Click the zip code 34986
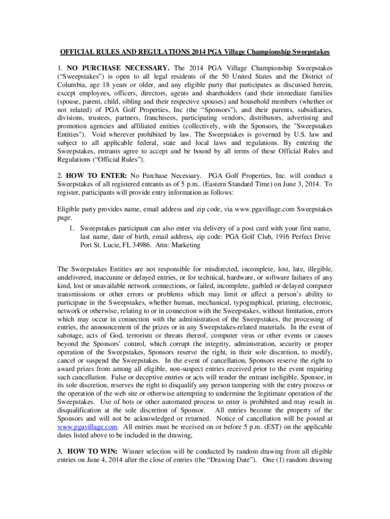[x=143, y=245]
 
